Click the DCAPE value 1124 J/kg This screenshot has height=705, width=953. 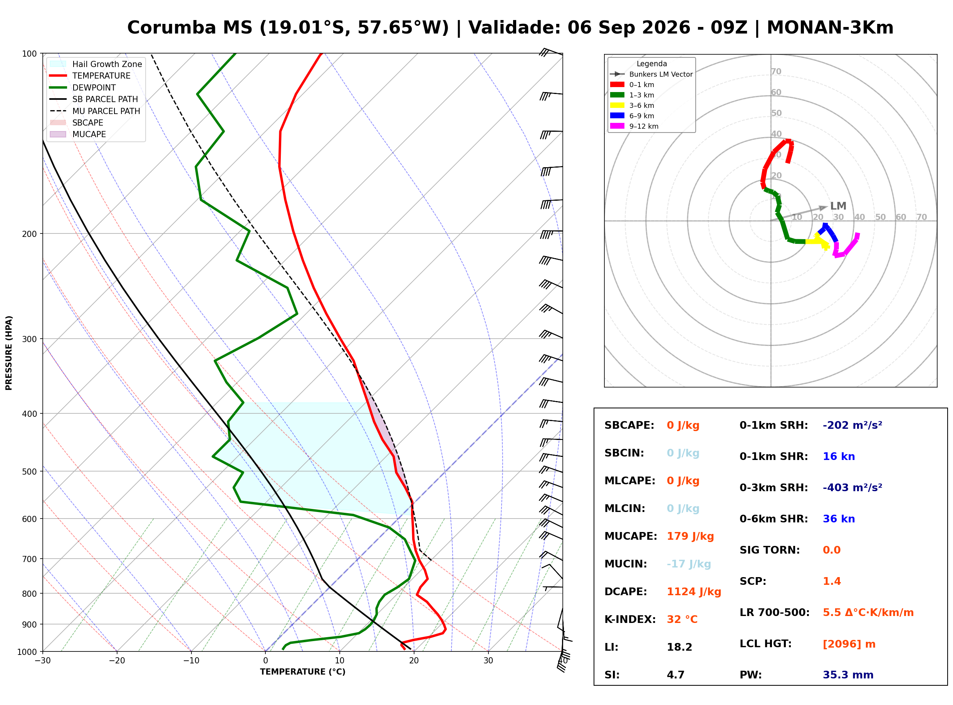pyautogui.click(x=694, y=591)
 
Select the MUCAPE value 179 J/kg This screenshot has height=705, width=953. pyautogui.click(x=690, y=536)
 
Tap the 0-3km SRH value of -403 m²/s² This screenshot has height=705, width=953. pyautogui.click(x=852, y=487)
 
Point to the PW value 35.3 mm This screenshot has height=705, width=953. pyautogui.click(x=848, y=675)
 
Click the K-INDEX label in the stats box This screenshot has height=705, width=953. pyautogui.click(x=630, y=619)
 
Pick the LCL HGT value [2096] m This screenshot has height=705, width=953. pyautogui.click(x=849, y=644)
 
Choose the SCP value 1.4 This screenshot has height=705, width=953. pyautogui.click(x=832, y=581)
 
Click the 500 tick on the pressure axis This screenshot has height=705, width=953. pyautogui.click(x=30, y=472)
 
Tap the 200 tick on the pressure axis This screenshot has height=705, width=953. pyautogui.click(x=30, y=234)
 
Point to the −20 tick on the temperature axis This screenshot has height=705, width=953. pyautogui.click(x=117, y=661)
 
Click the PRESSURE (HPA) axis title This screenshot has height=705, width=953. pyautogui.click(x=9, y=353)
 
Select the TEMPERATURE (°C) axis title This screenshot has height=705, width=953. pyautogui.click(x=303, y=672)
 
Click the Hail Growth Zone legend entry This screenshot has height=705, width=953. pyautogui.click(x=96, y=64)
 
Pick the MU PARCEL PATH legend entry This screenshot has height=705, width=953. pyautogui.click(x=95, y=111)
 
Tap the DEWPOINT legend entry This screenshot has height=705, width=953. pyautogui.click(x=83, y=87)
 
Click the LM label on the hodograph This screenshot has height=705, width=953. pyautogui.click(x=838, y=206)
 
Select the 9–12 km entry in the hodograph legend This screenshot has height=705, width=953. pyautogui.click(x=634, y=126)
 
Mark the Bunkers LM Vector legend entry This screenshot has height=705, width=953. pyautogui.click(x=651, y=74)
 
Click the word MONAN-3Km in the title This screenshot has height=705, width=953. pyautogui.click(x=830, y=28)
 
